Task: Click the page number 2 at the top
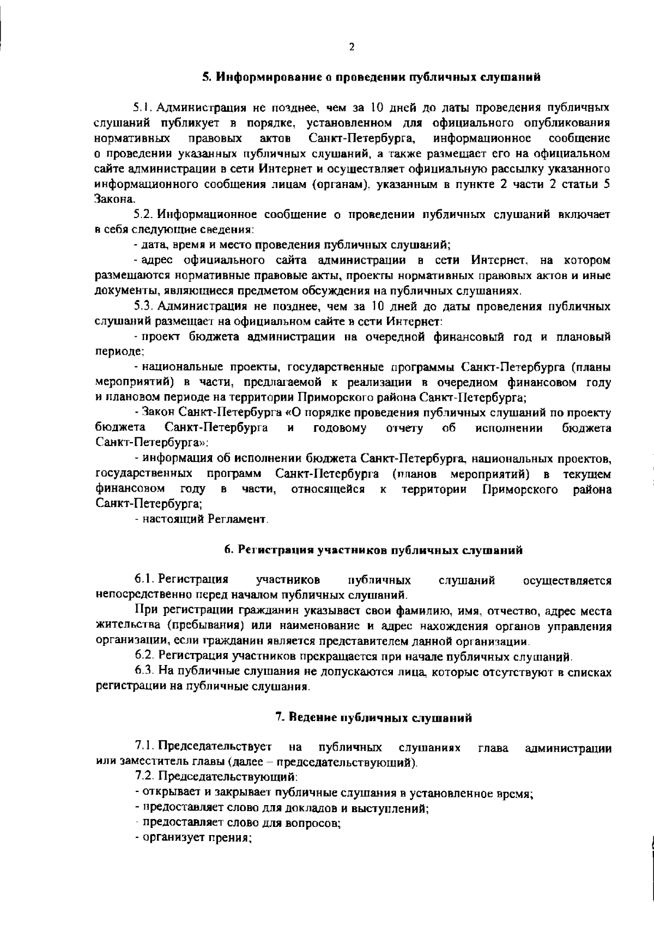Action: [352, 47]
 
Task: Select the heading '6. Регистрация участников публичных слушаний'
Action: [374, 550]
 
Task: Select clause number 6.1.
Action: [144, 579]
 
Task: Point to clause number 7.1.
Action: [144, 746]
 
